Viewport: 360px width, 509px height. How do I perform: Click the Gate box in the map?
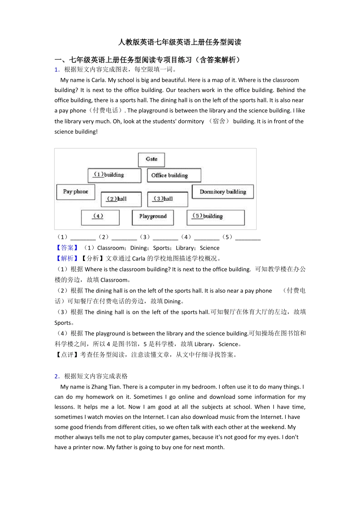pyautogui.click(x=151, y=159)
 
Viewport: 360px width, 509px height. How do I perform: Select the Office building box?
pyautogui.click(x=174, y=175)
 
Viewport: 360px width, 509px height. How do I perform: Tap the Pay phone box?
pyautogui.click(x=75, y=192)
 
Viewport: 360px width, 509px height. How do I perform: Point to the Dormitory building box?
pyautogui.click(x=223, y=192)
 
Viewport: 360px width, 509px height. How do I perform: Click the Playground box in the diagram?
pyautogui.click(x=153, y=217)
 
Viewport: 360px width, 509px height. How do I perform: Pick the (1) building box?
pyautogui.click(x=114, y=175)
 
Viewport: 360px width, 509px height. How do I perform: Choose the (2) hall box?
pyautogui.click(x=121, y=199)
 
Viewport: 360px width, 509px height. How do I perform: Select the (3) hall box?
pyautogui.click(x=167, y=199)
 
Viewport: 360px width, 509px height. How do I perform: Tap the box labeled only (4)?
pyautogui.click(x=100, y=217)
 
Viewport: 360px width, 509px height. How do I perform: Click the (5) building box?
pyautogui.click(x=215, y=217)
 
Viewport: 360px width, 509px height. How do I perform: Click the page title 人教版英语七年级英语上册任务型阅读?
pyautogui.click(x=180, y=42)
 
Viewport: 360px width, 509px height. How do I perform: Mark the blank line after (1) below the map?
pyautogui.click(x=83, y=238)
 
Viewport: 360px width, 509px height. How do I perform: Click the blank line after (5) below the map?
pyautogui.click(x=248, y=238)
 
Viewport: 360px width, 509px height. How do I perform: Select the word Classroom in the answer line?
pyautogui.click(x=111, y=248)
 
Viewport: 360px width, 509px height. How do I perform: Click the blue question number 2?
pyautogui.click(x=56, y=376)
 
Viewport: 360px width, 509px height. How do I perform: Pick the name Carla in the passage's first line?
pyautogui.click(x=98, y=80)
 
